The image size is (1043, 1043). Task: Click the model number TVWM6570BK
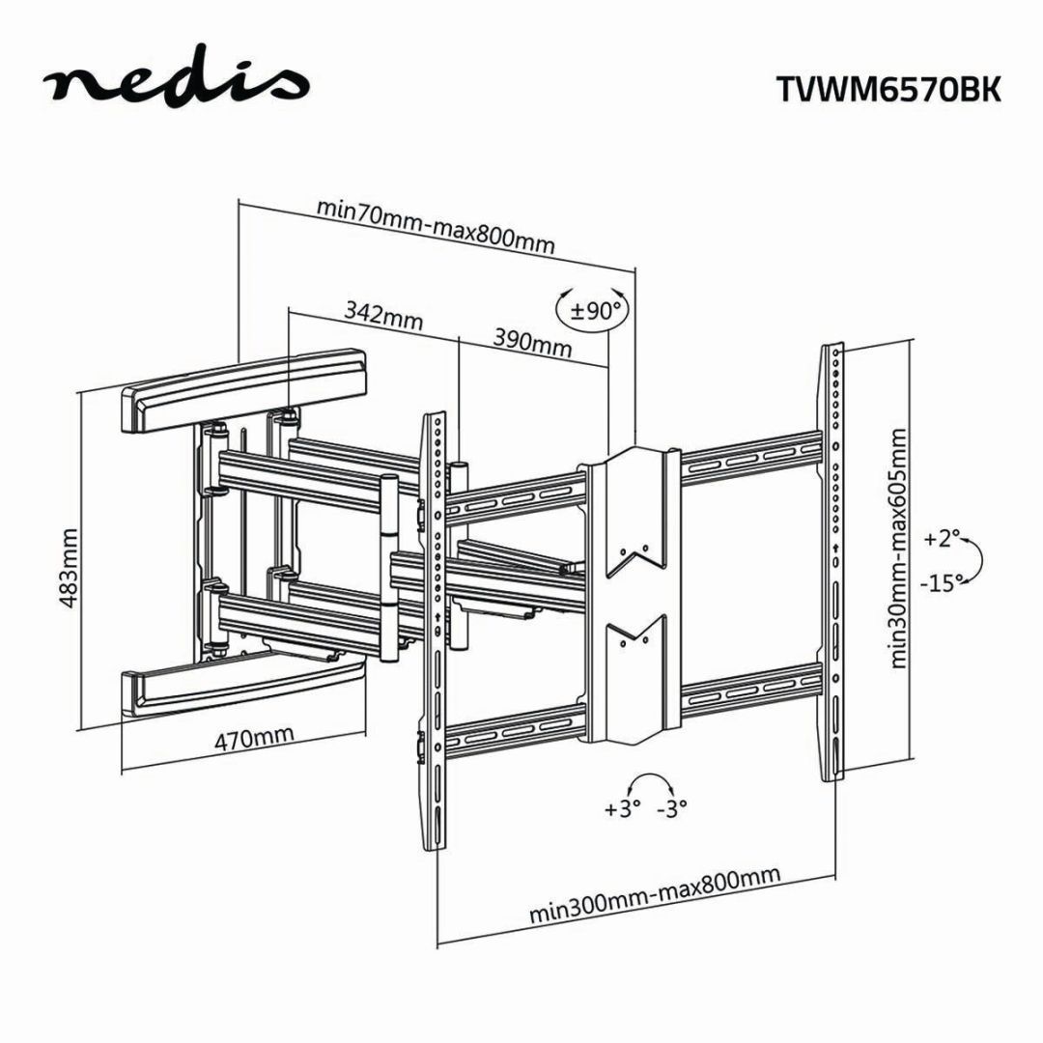888,89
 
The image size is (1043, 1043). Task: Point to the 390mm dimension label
533,340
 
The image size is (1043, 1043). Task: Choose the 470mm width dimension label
254,739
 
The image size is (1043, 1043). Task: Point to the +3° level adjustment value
623,809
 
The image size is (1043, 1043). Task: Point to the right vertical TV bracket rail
832,570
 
